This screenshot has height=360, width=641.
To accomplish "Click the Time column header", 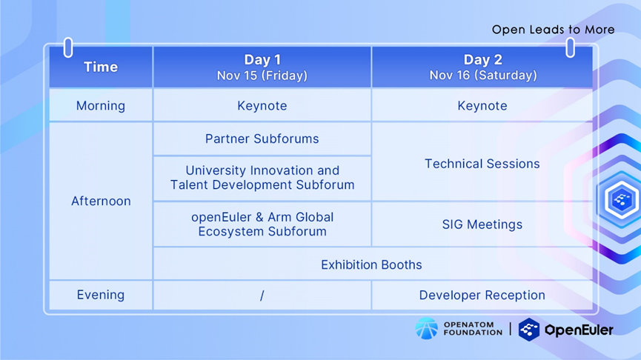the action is (x=101, y=67).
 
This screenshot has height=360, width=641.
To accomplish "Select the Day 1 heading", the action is (x=262, y=60).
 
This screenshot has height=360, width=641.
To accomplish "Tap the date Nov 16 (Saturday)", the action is (x=483, y=76).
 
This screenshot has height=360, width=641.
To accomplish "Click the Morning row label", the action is (x=101, y=105).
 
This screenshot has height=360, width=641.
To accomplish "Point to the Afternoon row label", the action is (x=101, y=201).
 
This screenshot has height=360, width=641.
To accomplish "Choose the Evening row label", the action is (x=101, y=295).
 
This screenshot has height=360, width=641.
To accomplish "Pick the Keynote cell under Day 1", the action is (x=262, y=106).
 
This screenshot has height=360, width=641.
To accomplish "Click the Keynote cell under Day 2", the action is (x=482, y=106).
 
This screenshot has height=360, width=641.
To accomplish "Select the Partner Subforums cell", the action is (x=262, y=139).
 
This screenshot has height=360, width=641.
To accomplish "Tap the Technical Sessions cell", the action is (x=482, y=164).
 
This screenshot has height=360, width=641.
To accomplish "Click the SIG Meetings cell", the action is (x=482, y=224).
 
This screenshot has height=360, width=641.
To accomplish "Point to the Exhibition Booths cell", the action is (x=371, y=264).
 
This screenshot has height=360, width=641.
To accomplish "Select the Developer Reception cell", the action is (x=482, y=295).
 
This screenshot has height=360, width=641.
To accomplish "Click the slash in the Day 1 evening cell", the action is (x=262, y=296).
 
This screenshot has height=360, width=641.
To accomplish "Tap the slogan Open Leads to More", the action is (x=553, y=30).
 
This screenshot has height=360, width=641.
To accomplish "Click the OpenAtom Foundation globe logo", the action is (x=426, y=328).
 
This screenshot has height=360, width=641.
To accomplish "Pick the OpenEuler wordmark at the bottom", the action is (x=579, y=330).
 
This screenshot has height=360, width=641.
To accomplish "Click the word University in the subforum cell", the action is (x=216, y=170).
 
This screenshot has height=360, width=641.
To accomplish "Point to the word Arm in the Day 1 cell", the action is (x=279, y=217).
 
